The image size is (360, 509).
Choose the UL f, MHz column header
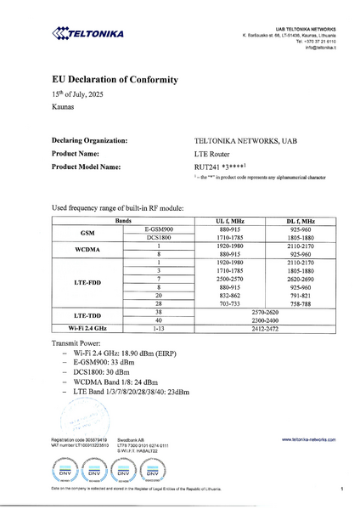click(228, 220)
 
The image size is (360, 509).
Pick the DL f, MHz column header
click(301, 220)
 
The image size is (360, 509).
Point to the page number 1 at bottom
click(340, 489)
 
